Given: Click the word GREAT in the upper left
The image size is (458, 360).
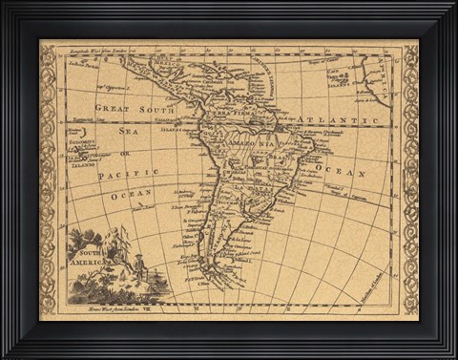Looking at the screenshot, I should pos(111,109).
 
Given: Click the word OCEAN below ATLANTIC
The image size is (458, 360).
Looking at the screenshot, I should pos(341,174).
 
